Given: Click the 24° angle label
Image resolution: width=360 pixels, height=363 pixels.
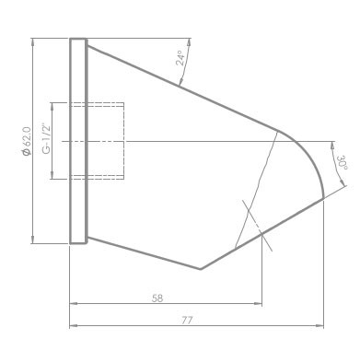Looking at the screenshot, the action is tap(180, 58).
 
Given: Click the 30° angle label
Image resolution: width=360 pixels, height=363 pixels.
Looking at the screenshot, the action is tap(343, 163).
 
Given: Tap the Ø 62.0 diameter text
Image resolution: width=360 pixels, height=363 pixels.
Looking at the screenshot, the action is tap(26, 141).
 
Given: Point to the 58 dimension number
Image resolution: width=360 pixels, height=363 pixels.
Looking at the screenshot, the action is tap(157, 299).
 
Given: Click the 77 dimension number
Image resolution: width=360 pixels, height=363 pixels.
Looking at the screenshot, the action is tap(187, 321).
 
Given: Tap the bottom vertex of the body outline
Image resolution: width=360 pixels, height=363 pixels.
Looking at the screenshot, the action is tap(200, 269).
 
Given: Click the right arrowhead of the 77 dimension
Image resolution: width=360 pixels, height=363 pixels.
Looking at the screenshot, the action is tap(319, 325).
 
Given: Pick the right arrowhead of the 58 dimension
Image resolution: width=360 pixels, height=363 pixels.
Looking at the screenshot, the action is tap(258, 303).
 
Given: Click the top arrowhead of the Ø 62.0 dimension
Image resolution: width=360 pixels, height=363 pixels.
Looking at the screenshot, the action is tap(32, 42).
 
